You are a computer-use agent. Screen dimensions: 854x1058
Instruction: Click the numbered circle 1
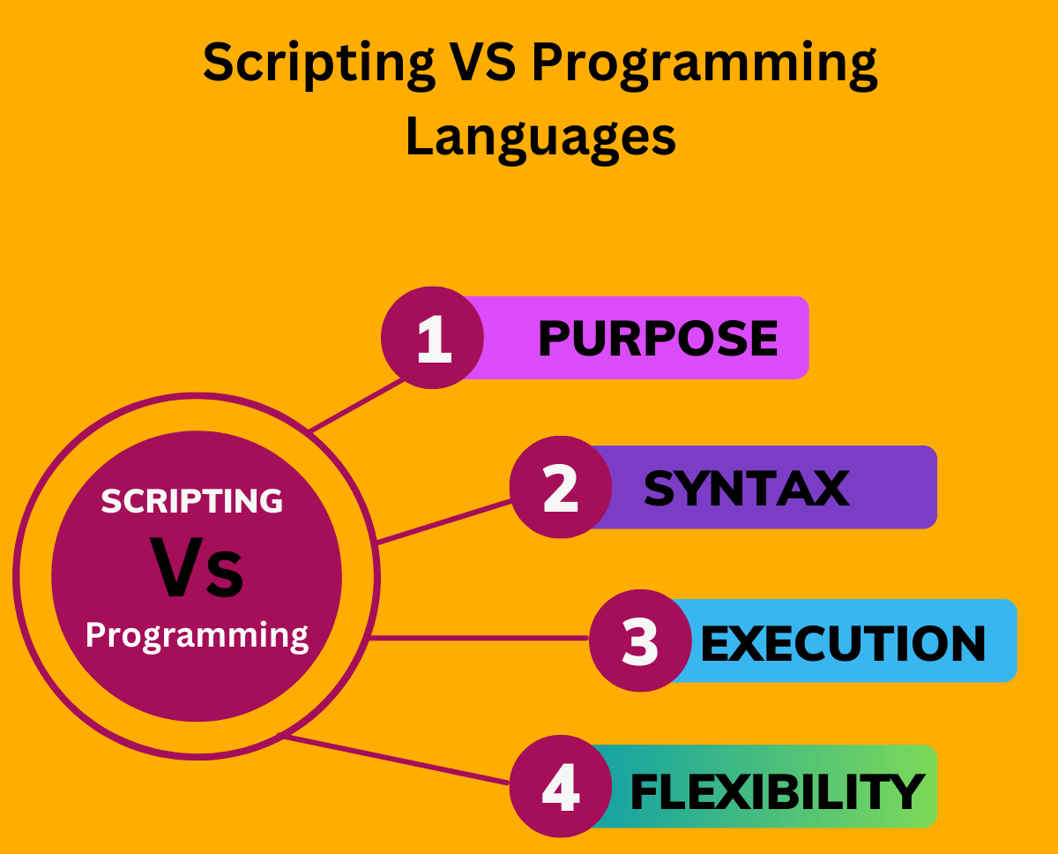(432, 338)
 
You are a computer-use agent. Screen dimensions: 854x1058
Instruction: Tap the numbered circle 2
(561, 488)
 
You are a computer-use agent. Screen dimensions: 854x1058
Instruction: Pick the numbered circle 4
(561, 787)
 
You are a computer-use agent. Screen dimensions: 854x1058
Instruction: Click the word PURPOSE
(658, 339)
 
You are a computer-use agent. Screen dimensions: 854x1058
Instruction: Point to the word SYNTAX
(746, 488)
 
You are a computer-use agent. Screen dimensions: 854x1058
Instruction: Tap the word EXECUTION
(843, 643)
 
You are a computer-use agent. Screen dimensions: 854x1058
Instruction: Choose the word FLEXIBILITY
(776, 791)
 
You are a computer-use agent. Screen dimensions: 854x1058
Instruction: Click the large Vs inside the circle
(197, 569)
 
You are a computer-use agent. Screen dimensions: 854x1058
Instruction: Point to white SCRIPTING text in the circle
(191, 501)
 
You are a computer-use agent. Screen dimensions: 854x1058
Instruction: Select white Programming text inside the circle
(197, 634)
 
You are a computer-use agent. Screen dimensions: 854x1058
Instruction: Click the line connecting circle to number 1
(357, 407)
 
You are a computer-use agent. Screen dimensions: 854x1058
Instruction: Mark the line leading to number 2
(443, 521)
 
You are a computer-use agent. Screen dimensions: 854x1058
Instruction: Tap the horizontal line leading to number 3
(481, 638)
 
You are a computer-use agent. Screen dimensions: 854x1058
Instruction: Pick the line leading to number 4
(397, 760)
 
